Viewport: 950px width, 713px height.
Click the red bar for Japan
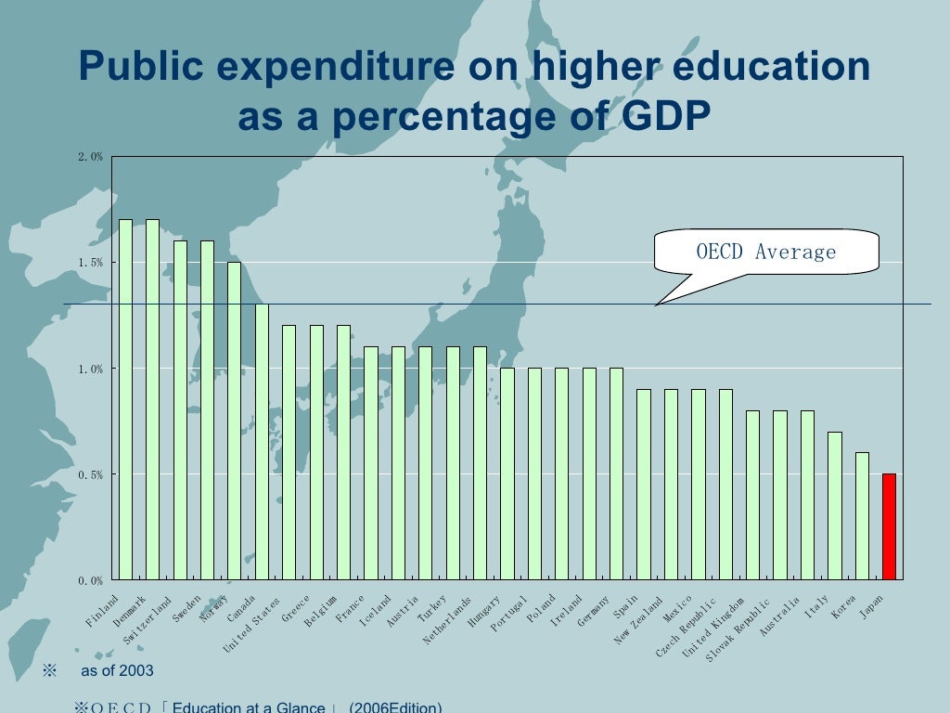point(889,526)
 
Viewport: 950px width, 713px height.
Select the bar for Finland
point(125,399)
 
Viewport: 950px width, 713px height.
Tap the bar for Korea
point(862,515)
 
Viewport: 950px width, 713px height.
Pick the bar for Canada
point(262,441)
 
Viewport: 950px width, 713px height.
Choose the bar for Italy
point(835,505)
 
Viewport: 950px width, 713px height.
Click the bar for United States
point(289,452)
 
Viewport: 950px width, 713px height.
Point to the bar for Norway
point(235,421)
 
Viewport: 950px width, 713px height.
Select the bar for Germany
point(617,473)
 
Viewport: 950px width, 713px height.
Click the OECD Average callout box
point(765,252)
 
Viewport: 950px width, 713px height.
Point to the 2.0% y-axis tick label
point(90,157)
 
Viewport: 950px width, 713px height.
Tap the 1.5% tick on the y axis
point(90,263)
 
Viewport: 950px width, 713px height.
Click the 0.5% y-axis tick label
point(90,474)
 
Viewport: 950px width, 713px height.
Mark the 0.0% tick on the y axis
point(90,580)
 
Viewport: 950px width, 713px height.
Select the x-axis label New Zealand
point(639,620)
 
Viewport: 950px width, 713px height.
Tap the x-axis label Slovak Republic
point(738,629)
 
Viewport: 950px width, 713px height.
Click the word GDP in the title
point(650,118)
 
